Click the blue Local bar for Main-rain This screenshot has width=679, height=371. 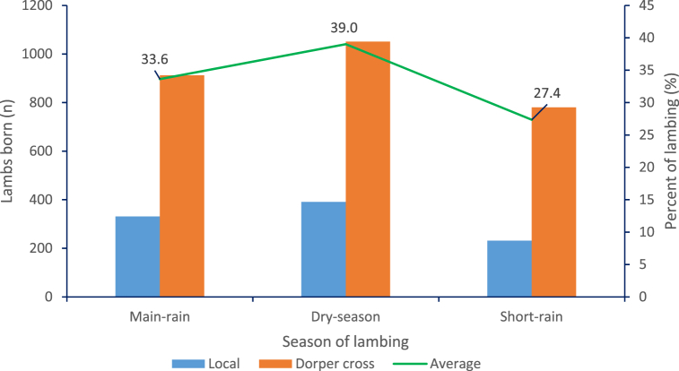pyautogui.click(x=137, y=256)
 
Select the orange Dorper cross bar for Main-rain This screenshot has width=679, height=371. pyautogui.click(x=182, y=185)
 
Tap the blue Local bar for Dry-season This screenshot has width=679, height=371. pyautogui.click(x=323, y=249)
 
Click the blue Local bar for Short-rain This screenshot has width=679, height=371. pyautogui.click(x=509, y=268)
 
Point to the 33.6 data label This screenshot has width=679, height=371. pyautogui.click(x=155, y=60)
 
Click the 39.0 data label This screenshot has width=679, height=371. pyautogui.click(x=344, y=28)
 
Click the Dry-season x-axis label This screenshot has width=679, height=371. pyautogui.click(x=345, y=317)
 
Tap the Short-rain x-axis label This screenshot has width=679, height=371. pyautogui.click(x=531, y=317)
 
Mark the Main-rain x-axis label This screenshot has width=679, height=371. pyautogui.click(x=160, y=317)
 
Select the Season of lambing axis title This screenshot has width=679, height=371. pyautogui.click(x=345, y=341)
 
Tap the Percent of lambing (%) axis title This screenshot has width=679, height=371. pyautogui.click(x=669, y=151)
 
